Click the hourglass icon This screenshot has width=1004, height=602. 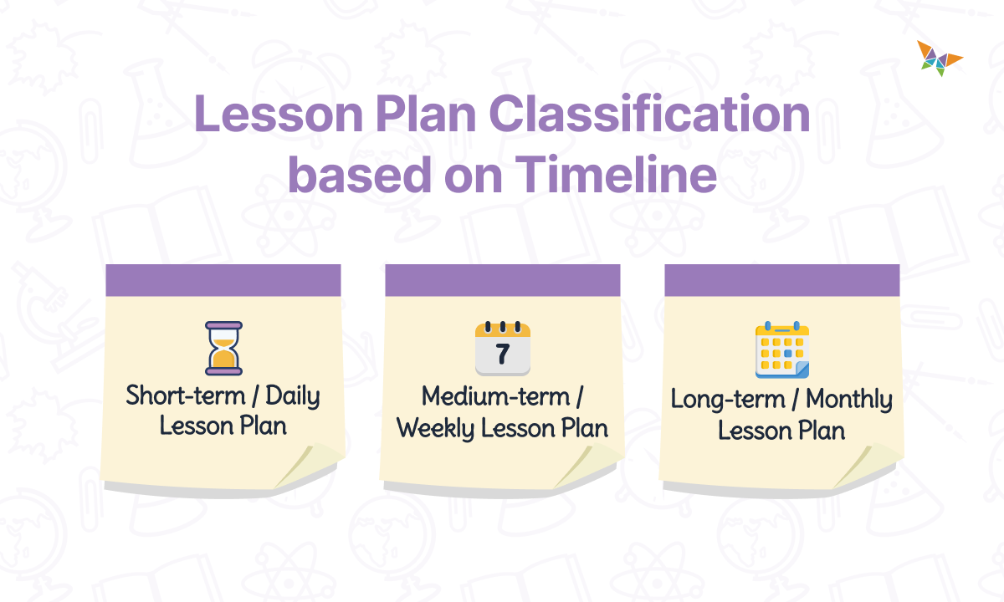click(223, 348)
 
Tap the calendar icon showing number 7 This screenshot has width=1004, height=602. click(502, 348)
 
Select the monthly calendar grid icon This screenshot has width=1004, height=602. click(782, 349)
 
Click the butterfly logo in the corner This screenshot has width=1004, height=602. click(939, 58)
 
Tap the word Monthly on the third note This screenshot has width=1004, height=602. click(849, 399)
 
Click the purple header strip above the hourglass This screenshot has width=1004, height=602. click(223, 280)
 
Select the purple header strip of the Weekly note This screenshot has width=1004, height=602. click(502, 280)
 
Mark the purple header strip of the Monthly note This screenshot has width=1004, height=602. click(782, 280)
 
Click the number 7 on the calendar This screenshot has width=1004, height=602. click(502, 355)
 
